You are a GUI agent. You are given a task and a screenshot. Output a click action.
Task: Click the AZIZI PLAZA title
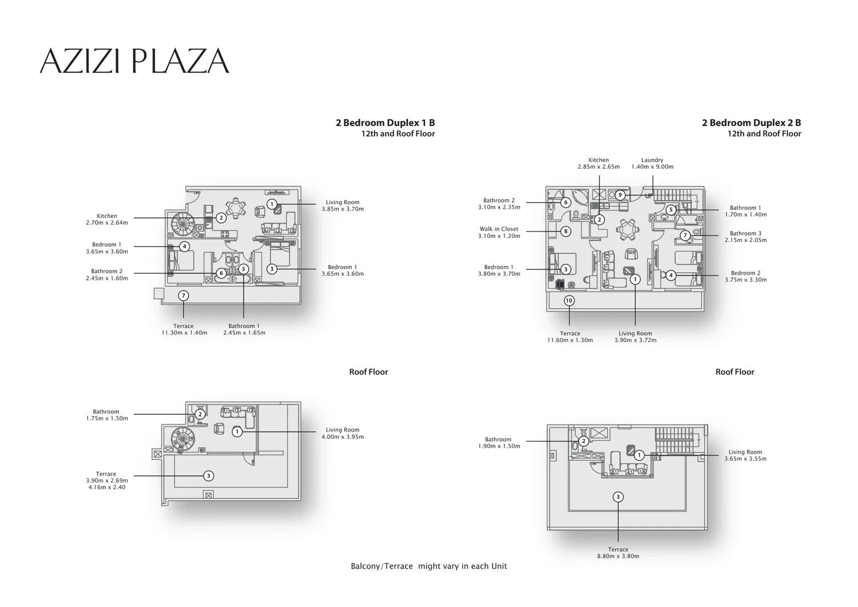pos(134,61)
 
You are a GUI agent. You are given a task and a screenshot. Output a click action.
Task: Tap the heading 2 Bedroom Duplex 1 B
pos(386,122)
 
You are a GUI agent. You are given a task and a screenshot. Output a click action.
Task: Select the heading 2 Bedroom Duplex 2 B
pos(752,122)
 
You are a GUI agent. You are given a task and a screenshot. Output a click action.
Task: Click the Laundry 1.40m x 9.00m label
pos(652,163)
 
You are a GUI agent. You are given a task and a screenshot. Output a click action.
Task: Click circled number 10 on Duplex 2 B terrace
pos(569,300)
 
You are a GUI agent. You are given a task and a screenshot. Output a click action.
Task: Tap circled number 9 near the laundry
pos(620,195)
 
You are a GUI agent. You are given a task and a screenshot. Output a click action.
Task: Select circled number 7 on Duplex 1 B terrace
pos(184,295)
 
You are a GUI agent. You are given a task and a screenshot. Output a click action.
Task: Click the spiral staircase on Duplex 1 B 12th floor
pos(182,225)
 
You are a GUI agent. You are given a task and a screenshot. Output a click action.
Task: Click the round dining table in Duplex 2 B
pos(627,230)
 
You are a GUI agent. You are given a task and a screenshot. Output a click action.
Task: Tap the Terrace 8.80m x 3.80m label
pos(618,553)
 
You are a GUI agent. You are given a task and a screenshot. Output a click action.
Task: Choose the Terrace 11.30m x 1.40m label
pos(184,329)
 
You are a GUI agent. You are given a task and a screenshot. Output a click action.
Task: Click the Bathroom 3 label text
pos(746,233)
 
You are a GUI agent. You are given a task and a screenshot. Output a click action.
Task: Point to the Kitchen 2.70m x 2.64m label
pos(107,219)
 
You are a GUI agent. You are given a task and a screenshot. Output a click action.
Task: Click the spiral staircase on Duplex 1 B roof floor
pos(182,440)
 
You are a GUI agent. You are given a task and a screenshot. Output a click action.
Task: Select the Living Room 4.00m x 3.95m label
pos(343,433)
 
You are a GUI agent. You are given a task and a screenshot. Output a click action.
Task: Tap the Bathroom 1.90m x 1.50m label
pos(499,443)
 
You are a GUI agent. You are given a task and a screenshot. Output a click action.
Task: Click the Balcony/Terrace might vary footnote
pos(429,566)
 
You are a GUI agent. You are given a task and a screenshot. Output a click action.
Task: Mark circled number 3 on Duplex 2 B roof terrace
pos(618,497)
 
